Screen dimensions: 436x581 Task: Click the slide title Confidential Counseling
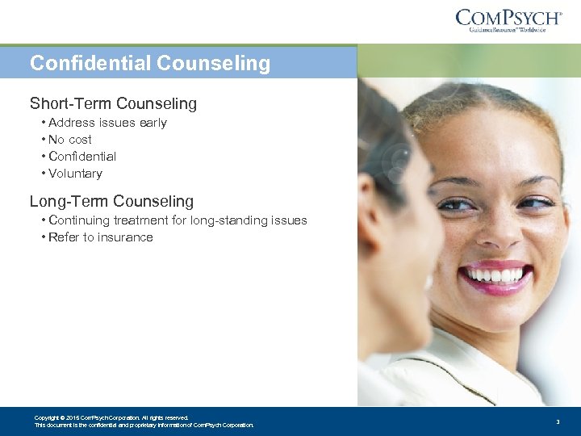click(x=150, y=63)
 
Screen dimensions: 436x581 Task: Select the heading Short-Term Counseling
click(x=113, y=103)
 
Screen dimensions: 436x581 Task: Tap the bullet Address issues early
click(x=107, y=123)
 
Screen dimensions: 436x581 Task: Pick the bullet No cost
click(x=70, y=140)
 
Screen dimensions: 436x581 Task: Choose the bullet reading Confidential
click(x=82, y=157)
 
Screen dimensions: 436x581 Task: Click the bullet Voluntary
click(x=75, y=174)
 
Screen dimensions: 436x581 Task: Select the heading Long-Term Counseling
click(x=111, y=201)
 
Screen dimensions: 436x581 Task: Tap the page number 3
click(x=558, y=421)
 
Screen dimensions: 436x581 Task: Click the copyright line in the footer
click(x=111, y=417)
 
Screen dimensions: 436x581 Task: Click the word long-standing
click(x=229, y=220)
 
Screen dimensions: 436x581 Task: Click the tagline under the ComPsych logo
click(x=508, y=30)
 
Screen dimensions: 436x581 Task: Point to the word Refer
click(x=64, y=237)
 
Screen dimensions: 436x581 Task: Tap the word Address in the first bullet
click(x=71, y=123)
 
